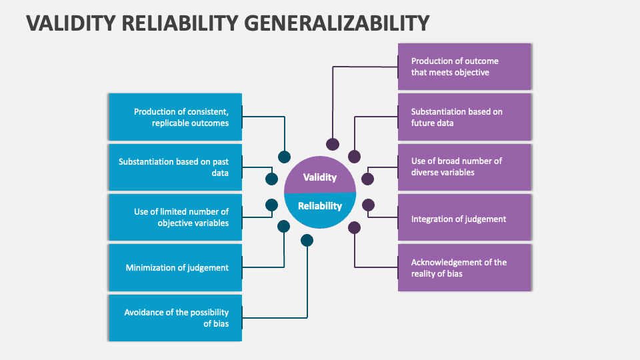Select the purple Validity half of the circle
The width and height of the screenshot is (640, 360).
click(x=320, y=175)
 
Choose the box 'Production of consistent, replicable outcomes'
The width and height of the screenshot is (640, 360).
click(x=175, y=117)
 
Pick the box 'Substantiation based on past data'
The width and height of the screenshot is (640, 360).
click(x=175, y=167)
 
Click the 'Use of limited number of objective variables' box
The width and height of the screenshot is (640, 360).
click(x=175, y=217)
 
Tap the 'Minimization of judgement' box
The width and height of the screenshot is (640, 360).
click(x=175, y=267)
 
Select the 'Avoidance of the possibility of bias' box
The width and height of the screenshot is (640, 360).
click(x=175, y=318)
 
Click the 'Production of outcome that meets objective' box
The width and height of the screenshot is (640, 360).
click(x=464, y=67)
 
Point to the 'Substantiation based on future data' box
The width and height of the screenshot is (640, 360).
click(x=464, y=117)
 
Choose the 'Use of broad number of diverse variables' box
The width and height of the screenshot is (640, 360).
click(x=464, y=167)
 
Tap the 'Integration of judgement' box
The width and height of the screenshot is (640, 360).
click(x=464, y=218)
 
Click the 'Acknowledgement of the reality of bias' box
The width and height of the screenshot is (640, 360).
click(x=464, y=267)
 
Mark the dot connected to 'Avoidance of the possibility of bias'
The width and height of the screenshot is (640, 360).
click(x=307, y=240)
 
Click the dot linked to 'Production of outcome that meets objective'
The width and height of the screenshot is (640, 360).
click(x=332, y=144)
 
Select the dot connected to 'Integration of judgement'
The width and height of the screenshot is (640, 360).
click(x=368, y=205)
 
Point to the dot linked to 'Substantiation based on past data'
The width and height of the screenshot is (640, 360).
click(x=271, y=179)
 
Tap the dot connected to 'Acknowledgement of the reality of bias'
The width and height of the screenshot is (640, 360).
click(x=354, y=228)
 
